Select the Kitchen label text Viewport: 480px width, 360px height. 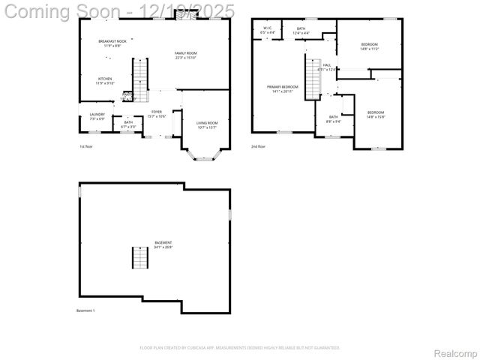[x=105, y=81]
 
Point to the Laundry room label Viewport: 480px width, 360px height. [x=97, y=116]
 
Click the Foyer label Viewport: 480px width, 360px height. [x=156, y=115]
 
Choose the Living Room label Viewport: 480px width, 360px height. [x=207, y=124]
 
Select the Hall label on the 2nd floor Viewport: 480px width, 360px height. [x=327, y=67]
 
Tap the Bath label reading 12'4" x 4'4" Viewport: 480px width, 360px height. [x=301, y=31]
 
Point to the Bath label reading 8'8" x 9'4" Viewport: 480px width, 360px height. [x=334, y=119]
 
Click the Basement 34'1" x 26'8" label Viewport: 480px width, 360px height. [x=163, y=244]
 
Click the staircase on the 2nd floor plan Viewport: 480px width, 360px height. [x=312, y=74]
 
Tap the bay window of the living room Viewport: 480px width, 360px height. [x=201, y=156]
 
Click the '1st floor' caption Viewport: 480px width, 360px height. [x=86, y=146]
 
